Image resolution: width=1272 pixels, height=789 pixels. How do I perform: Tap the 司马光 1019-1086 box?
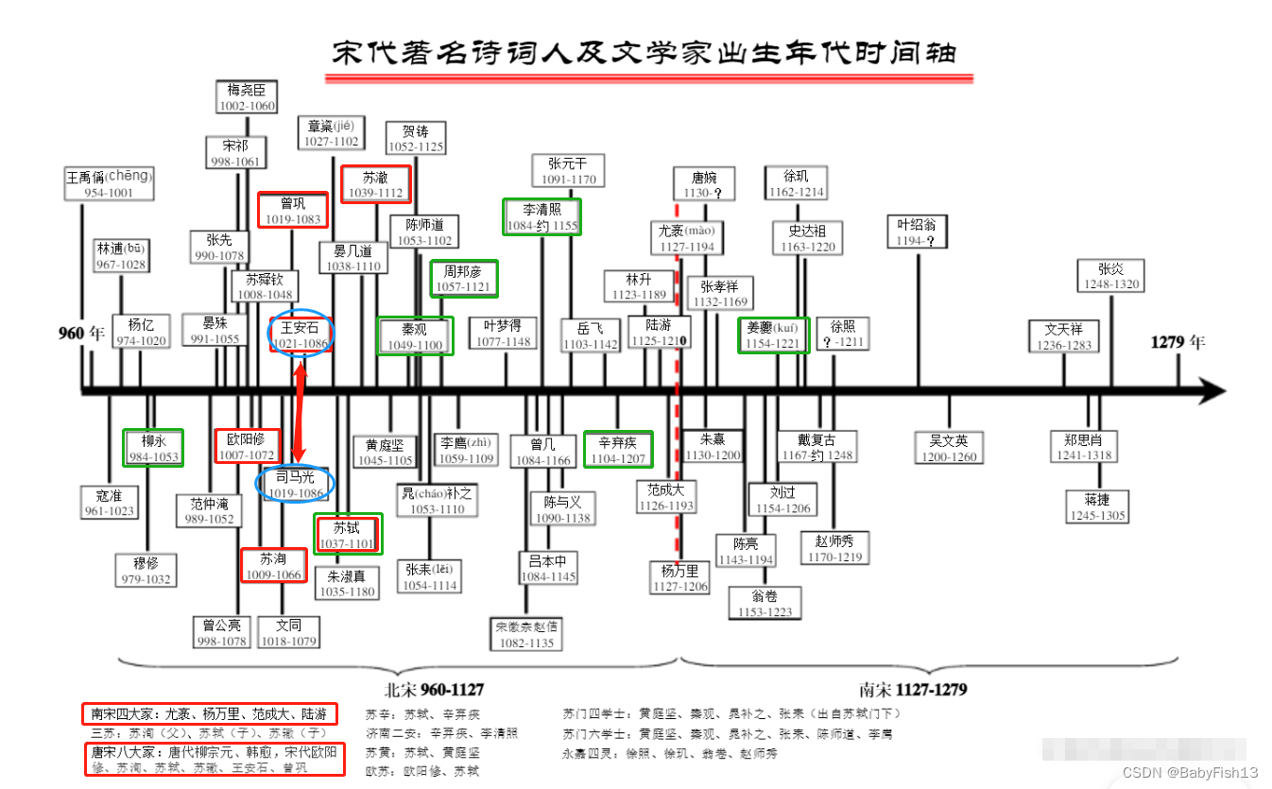click(x=296, y=484)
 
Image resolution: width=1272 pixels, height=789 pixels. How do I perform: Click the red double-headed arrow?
click(x=300, y=411)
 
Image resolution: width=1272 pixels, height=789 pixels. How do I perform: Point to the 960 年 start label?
click(x=82, y=333)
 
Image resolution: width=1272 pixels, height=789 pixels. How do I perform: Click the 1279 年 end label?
click(x=1177, y=342)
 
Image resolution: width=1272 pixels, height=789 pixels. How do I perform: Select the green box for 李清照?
click(x=542, y=216)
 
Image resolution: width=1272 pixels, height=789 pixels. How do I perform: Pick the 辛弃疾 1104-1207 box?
click(x=618, y=450)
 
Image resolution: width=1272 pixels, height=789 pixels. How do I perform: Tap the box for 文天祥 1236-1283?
click(x=1064, y=337)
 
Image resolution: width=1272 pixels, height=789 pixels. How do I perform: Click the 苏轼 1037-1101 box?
click(x=348, y=535)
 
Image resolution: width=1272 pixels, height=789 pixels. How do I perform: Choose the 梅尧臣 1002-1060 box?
click(x=248, y=97)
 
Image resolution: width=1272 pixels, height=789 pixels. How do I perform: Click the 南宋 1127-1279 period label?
click(x=913, y=690)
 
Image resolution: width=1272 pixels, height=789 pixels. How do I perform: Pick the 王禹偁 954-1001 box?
click(x=109, y=184)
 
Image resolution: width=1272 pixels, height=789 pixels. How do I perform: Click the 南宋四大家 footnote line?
click(x=209, y=715)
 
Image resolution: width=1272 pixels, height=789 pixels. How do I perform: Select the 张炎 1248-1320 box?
click(x=1112, y=275)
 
